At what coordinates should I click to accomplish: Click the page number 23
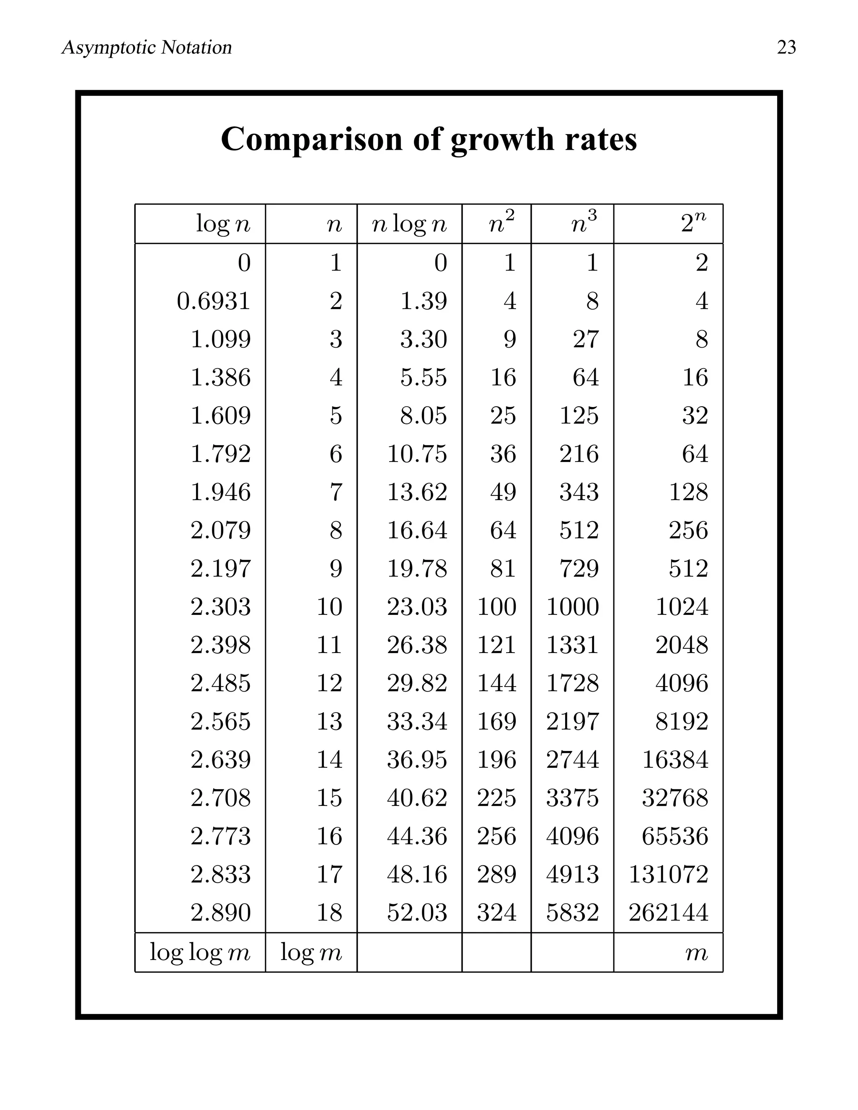[x=786, y=47]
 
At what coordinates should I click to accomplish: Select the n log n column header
[x=409, y=224]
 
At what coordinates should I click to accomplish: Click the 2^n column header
[x=694, y=222]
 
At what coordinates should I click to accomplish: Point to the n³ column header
[x=584, y=222]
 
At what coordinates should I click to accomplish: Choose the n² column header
[x=501, y=222]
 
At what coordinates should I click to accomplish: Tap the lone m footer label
[x=696, y=953]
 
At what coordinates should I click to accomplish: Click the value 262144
[x=668, y=912]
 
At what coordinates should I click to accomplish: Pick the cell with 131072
[x=668, y=874]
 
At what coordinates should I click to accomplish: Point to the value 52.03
[x=417, y=912]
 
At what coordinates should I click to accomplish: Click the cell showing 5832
[x=572, y=912]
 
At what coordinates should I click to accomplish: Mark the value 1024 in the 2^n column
[x=682, y=607]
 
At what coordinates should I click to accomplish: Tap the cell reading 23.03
[x=417, y=607]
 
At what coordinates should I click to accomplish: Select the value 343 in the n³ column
[x=579, y=492]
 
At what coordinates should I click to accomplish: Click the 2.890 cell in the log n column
[x=221, y=912]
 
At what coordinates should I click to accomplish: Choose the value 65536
[x=675, y=836]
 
